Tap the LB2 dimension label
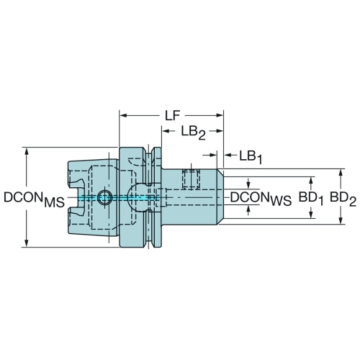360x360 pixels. [193, 132]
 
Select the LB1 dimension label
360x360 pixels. [251, 157]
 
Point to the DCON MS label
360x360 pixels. [35, 200]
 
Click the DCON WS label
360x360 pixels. [261, 199]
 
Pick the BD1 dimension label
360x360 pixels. [311, 199]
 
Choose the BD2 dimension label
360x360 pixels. [343, 199]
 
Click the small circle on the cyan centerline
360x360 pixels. [105, 197]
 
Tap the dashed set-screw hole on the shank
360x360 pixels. [191, 179]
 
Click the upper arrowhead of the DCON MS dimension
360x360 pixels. [27, 152]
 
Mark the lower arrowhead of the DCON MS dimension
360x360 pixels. [27, 243]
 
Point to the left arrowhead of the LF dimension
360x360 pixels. [123, 115]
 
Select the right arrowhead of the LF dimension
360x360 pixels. [220, 115]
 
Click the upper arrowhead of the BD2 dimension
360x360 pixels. [341, 173]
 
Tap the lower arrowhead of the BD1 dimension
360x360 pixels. [311, 215]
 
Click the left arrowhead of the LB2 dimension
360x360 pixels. [166, 131]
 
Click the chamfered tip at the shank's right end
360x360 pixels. [220, 197]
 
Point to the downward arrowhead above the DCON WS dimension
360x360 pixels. [248, 185]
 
